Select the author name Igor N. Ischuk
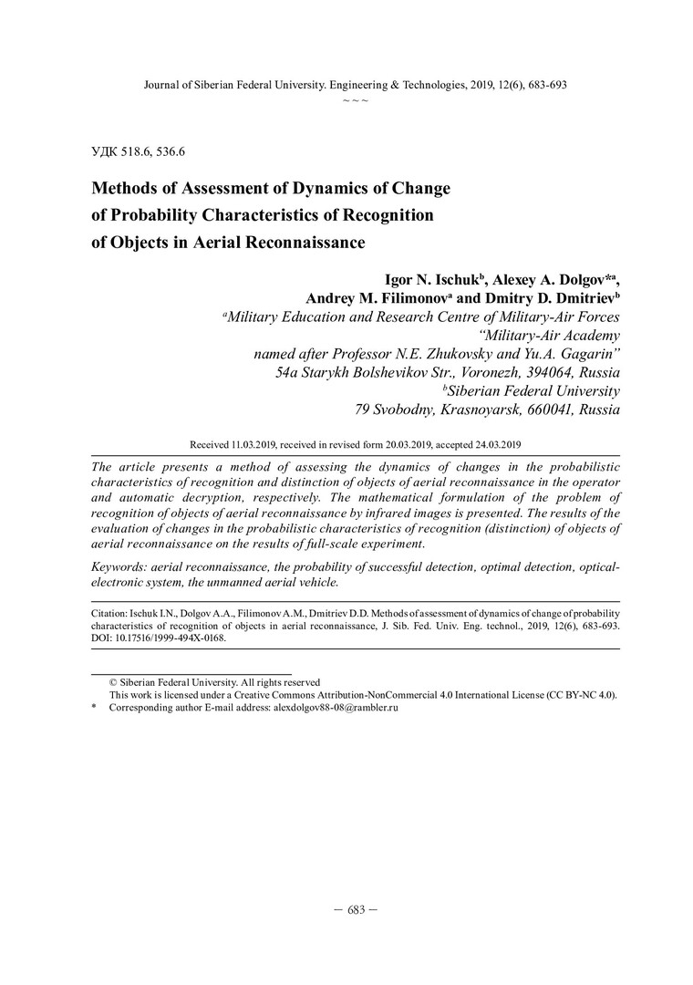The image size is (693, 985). [428, 280]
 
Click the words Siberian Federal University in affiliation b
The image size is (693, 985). [533, 391]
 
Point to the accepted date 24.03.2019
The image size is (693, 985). [490, 444]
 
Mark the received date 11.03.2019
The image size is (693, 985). [257, 444]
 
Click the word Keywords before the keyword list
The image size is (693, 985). [119, 567]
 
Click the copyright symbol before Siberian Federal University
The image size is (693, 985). [113, 681]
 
